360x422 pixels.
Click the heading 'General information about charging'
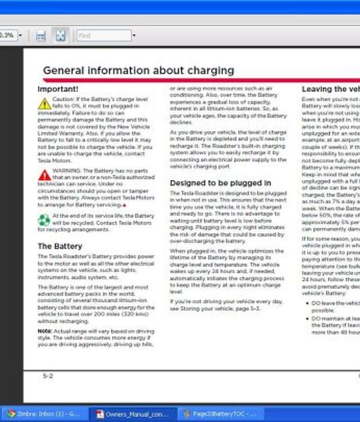pos(138,70)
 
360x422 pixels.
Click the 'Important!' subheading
pos(58,89)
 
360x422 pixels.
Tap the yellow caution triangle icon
pos(44,103)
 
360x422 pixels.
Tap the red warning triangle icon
pos(44,175)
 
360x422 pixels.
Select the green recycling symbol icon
pos(44,220)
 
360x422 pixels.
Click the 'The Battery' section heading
pos(60,246)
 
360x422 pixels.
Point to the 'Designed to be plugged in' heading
pos(220,183)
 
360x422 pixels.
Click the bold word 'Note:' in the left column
pos(44,331)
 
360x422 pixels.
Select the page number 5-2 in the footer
pos(48,376)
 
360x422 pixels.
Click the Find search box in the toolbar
pos(104,36)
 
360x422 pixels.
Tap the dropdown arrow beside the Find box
pos(134,36)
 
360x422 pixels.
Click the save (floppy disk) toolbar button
pos(40,36)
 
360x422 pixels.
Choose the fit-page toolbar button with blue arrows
pos(60,36)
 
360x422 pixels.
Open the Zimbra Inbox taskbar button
pos(43,414)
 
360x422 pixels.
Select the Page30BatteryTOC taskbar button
pos(220,414)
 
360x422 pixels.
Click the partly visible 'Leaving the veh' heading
pos(330,89)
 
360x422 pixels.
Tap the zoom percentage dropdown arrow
pos(20,36)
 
